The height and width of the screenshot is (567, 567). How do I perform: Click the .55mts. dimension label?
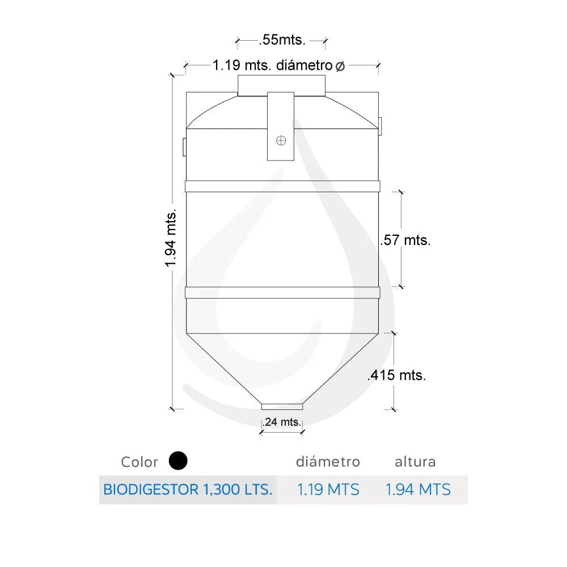coord(282,40)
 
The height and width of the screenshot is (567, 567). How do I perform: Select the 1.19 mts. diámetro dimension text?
coord(272,65)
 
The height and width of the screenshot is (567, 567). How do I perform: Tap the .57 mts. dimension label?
coord(405,240)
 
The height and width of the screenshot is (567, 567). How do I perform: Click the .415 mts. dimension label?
coord(397,375)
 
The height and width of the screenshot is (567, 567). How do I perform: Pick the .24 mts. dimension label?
coord(282,422)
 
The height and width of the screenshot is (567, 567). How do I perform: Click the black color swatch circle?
coord(178,460)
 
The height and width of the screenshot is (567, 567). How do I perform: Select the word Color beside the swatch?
coord(139,462)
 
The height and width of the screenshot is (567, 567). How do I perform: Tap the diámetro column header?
coord(328,462)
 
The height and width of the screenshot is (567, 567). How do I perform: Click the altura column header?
coord(415,462)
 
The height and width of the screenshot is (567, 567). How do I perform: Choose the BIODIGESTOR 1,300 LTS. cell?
coord(188,489)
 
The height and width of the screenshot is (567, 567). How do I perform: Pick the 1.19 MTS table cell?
coord(328,489)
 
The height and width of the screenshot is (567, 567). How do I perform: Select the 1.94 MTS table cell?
coord(418,489)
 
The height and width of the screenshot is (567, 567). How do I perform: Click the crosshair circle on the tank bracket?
coord(281,141)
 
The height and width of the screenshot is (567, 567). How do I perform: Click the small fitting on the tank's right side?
coord(380,125)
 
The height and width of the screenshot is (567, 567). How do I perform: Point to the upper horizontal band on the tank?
coord(282,186)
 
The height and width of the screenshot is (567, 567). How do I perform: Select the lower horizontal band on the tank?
coord(282,293)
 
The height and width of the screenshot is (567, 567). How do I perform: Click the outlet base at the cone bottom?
coord(282,406)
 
